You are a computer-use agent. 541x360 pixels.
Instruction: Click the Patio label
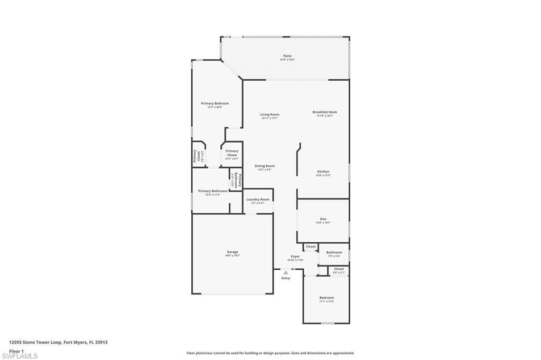pyautogui.click(x=287, y=56)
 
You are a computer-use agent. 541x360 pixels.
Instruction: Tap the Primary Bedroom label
pyautogui.click(x=214, y=103)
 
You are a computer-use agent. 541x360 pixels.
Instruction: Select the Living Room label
pyautogui.click(x=269, y=115)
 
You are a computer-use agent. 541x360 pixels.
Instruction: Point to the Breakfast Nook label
pyautogui.click(x=324, y=112)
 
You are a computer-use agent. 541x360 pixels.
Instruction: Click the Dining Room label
pyautogui.click(x=265, y=166)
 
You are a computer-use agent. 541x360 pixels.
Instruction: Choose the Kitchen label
pyautogui.click(x=323, y=172)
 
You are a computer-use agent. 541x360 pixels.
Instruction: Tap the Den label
pyautogui.click(x=323, y=219)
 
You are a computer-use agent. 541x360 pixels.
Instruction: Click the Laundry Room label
pyautogui.click(x=258, y=200)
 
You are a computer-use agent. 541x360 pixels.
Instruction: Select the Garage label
pyautogui.click(x=232, y=252)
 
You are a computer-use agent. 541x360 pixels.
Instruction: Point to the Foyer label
pyautogui.click(x=295, y=257)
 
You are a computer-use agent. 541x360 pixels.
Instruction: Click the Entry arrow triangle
pyautogui.click(x=286, y=272)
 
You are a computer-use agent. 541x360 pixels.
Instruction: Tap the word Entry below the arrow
pyautogui.click(x=286, y=278)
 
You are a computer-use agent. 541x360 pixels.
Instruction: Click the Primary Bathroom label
pyautogui.click(x=213, y=191)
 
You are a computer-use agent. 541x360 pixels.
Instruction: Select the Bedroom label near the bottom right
pyautogui.click(x=327, y=298)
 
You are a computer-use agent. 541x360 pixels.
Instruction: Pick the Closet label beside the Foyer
pyautogui.click(x=311, y=247)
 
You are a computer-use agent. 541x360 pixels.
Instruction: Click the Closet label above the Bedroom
pyautogui.click(x=339, y=269)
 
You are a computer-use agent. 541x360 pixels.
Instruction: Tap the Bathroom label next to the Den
pyautogui.click(x=334, y=252)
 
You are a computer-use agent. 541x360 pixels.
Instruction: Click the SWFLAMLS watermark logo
pyautogui.click(x=20, y=356)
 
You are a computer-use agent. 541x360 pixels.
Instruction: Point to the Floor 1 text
pyautogui.click(x=16, y=350)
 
